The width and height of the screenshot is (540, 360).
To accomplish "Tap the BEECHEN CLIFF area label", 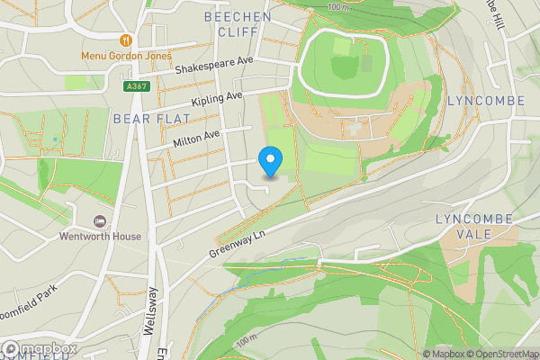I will (x=238, y=23).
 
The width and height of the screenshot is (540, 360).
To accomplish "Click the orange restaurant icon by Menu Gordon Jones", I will (x=126, y=40).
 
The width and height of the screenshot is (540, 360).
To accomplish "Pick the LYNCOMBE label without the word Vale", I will (x=486, y=101).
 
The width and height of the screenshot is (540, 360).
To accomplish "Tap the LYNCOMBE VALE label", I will (x=474, y=226).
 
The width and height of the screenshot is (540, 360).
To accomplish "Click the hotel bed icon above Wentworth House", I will (x=100, y=221).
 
